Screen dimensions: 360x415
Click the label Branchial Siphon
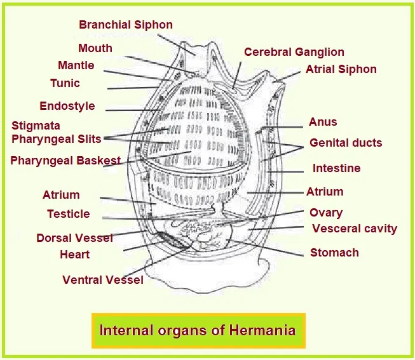pos(125,25)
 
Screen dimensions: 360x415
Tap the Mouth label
pos(95,48)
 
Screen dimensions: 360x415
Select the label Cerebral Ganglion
pos(294,52)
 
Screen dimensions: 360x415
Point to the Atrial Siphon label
pos(341,69)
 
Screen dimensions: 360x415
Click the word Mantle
pos(76,65)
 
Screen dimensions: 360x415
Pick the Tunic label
pos(65,83)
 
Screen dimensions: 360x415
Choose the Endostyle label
pos(67,106)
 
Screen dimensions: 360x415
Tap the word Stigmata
pos(36,126)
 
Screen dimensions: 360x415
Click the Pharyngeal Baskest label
pos(65,161)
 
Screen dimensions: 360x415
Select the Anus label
pos(323,122)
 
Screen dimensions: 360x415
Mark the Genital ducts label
pos(346,143)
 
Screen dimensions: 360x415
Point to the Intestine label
pos(336,168)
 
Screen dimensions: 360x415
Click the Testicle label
pos(68,214)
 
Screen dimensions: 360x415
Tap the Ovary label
pos(325,213)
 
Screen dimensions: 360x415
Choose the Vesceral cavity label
pos(354,229)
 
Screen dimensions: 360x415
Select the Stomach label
pos(334,253)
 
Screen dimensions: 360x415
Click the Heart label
pos(74,255)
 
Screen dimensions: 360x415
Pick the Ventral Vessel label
pos(102,279)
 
